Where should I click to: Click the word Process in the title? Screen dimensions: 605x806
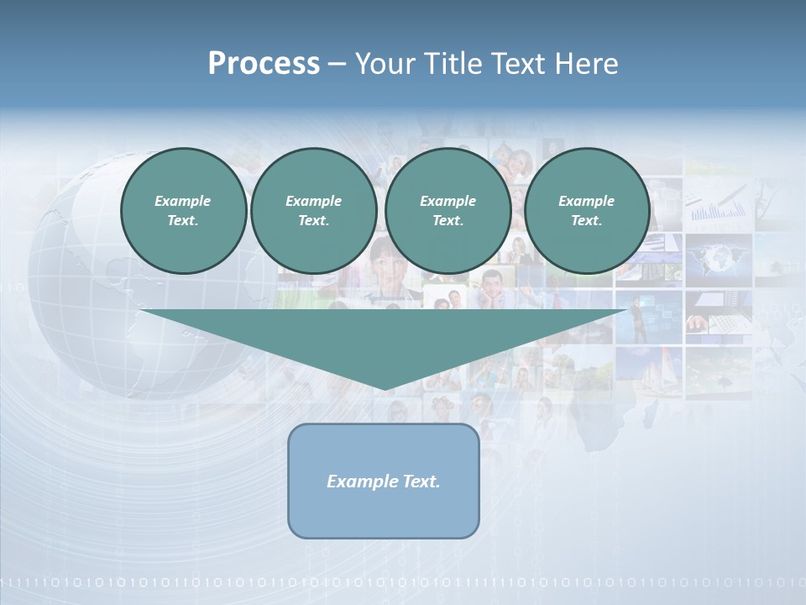click(x=264, y=64)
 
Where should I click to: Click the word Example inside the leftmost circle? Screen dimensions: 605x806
click(x=183, y=201)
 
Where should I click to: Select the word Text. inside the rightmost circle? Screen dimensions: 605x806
click(x=586, y=220)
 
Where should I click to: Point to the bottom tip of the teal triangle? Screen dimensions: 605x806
click(x=385, y=388)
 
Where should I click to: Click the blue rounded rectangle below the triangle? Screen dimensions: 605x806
click(x=384, y=513)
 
